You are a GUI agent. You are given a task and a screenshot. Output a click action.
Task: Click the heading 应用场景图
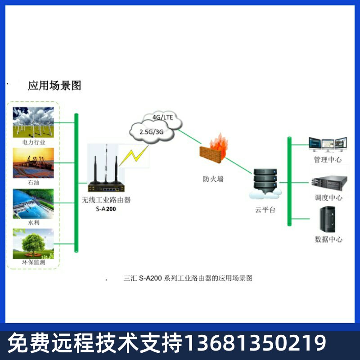coord(54,85)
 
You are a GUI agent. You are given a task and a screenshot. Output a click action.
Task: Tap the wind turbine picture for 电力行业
coord(34,121)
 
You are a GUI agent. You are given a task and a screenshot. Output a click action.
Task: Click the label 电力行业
coord(34,142)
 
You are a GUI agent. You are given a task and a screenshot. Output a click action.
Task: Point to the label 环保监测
coord(34,262)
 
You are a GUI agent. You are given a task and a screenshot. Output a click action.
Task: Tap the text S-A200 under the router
coord(106,209)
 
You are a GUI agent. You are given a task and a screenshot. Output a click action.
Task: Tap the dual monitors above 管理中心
coord(327,144)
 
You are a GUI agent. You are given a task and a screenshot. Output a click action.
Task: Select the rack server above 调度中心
coord(328,182)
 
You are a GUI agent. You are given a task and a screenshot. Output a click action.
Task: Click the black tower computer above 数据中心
coord(327,219)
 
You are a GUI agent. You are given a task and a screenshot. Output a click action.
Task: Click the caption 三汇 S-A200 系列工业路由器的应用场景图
coord(188,278)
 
